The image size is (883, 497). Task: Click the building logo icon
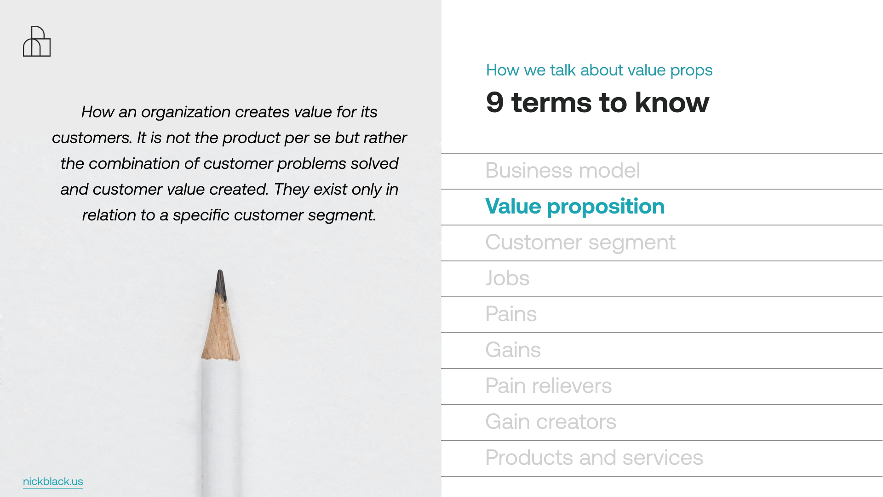tap(37, 41)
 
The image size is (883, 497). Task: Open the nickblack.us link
tap(53, 481)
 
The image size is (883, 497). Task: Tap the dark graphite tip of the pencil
tap(220, 285)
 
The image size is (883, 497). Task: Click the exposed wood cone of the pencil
tap(221, 329)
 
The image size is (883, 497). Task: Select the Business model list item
tap(562, 170)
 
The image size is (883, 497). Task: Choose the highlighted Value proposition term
tap(575, 206)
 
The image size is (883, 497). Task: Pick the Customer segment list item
tap(580, 242)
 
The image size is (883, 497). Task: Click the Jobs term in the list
tap(507, 278)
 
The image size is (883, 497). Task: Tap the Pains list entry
tap(511, 314)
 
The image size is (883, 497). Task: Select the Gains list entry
tap(513, 350)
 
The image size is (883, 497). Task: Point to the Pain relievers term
tap(549, 386)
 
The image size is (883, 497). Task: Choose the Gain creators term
tap(551, 422)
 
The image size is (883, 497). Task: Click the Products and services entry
tap(594, 457)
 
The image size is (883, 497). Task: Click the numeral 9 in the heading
tap(495, 102)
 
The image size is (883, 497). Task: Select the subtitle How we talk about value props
tap(599, 70)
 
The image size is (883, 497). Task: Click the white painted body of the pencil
tap(221, 428)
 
